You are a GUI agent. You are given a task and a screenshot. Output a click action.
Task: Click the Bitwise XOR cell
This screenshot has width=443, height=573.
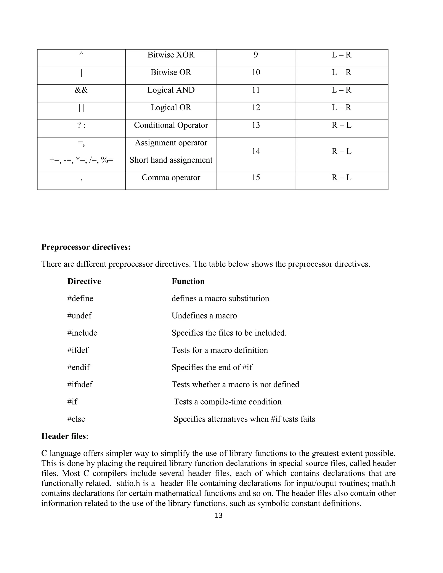[x=171, y=55]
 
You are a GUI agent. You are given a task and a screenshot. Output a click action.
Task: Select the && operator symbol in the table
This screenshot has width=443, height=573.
[x=81, y=90]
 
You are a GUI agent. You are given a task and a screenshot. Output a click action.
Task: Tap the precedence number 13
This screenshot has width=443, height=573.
[x=256, y=125]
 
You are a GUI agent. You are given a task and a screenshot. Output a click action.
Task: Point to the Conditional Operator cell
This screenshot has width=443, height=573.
[x=171, y=125]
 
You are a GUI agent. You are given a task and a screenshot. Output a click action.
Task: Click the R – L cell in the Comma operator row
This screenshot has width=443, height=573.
[x=341, y=178]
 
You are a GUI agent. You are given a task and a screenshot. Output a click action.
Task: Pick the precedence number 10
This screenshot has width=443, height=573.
[x=256, y=72]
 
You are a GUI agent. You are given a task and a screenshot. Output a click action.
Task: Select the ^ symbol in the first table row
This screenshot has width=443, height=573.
[x=81, y=54]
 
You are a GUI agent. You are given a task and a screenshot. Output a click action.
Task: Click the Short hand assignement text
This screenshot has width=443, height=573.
[x=171, y=160]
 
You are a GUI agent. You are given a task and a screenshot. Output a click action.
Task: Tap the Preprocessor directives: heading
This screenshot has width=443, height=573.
[x=86, y=247]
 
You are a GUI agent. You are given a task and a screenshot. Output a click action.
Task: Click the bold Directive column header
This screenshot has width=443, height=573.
[x=84, y=281]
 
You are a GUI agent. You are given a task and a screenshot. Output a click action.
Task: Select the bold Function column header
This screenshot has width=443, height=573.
[x=188, y=281]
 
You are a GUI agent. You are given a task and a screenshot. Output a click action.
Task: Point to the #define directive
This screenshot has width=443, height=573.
[x=80, y=299]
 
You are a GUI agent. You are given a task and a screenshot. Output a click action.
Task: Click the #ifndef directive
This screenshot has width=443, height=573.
[x=80, y=385]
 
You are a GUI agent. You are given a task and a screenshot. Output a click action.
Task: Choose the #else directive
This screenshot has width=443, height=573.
[x=76, y=419]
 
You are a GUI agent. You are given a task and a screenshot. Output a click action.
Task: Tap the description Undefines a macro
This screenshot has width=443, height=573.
[x=204, y=316]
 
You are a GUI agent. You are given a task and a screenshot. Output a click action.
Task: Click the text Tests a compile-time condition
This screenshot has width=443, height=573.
[x=228, y=402]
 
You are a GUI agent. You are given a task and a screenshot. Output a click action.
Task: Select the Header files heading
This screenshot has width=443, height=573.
[x=64, y=436]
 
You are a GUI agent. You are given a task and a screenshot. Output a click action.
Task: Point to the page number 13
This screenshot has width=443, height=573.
[x=218, y=515]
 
